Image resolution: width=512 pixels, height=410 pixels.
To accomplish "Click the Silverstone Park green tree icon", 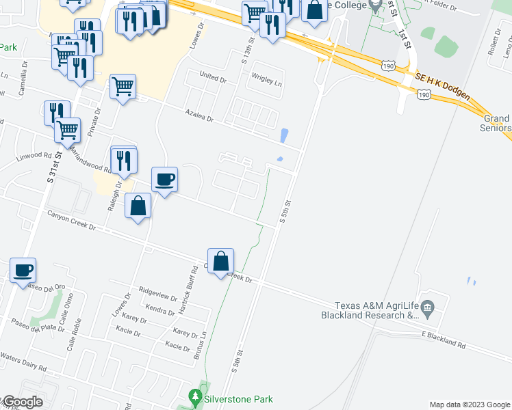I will click(x=195, y=397).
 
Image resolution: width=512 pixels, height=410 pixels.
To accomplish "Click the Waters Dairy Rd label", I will click(x=23, y=361).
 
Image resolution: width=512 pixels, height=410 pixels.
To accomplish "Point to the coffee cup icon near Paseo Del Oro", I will click(x=23, y=270).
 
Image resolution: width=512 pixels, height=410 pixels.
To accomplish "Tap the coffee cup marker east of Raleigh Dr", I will click(x=164, y=180).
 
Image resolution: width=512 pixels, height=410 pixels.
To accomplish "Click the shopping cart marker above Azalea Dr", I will click(x=123, y=87).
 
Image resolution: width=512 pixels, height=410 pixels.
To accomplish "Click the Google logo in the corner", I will click(x=22, y=402).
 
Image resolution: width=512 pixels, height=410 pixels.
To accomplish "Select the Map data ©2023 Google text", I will click(x=469, y=405).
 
